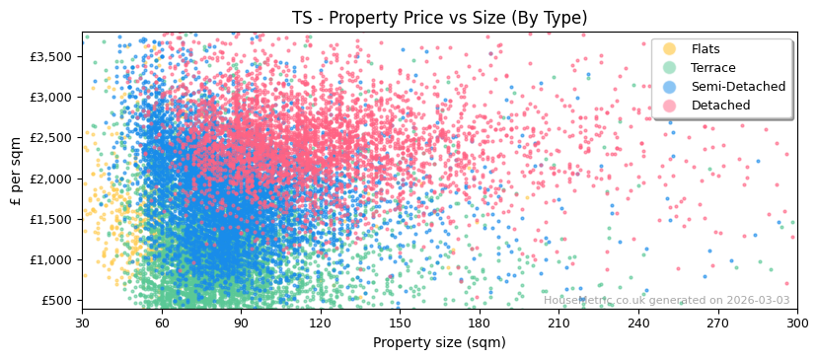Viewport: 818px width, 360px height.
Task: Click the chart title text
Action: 439,18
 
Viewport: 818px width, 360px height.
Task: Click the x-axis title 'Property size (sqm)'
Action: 439,342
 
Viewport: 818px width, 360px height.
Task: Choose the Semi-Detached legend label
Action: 738,87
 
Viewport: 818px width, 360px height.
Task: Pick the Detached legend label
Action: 720,106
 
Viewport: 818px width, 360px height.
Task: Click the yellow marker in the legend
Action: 670,49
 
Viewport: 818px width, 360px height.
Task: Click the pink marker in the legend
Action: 670,106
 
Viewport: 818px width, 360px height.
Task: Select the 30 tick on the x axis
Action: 82,323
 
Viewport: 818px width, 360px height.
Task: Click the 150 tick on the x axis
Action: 400,323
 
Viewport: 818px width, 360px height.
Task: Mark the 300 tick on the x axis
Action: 796,323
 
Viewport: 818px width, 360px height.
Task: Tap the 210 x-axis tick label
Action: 558,323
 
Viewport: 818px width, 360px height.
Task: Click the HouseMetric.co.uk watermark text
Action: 666,301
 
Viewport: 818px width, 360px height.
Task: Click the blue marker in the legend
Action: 670,87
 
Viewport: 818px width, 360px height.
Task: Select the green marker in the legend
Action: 670,68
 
